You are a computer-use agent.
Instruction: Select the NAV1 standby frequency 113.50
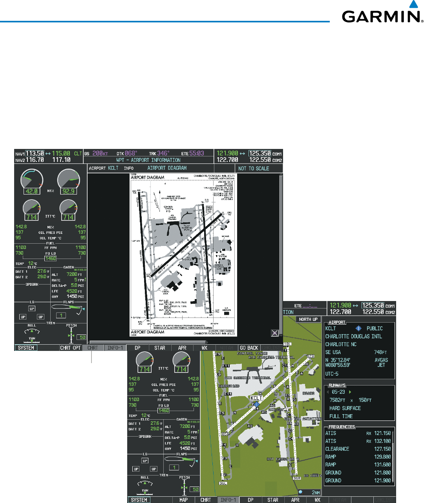[35, 153]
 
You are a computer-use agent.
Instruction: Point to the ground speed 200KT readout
[100, 153]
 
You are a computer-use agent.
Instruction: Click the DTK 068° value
[130, 153]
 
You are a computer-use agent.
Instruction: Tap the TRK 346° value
[163, 153]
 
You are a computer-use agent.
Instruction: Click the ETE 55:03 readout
[196, 153]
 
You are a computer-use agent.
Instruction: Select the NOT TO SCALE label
[254, 168]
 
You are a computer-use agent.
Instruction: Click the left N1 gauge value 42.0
[31, 191]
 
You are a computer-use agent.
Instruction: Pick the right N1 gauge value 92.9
[68, 191]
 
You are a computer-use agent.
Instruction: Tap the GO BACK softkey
[249, 348]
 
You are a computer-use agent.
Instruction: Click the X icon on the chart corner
[275, 333]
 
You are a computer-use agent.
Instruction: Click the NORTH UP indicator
[308, 319]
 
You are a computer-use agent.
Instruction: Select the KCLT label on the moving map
[256, 398]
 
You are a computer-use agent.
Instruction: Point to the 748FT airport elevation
[380, 352]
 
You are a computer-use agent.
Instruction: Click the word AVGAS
[381, 360]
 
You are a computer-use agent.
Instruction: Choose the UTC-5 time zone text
[332, 374]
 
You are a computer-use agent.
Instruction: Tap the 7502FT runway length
[337, 400]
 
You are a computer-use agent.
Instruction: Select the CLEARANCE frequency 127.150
[382, 449]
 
